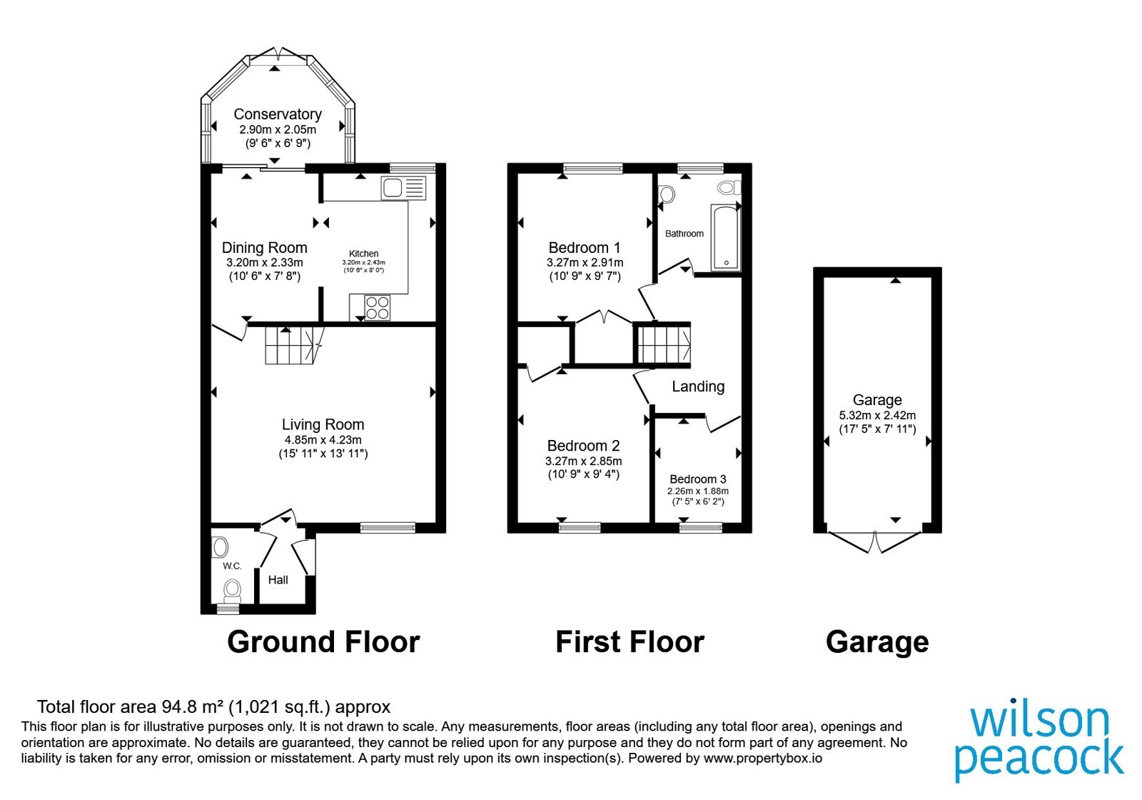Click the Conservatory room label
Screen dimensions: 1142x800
tap(278, 114)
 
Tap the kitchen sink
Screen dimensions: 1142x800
tap(403, 188)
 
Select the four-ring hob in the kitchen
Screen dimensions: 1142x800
tap(378, 308)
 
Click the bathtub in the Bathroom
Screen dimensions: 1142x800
tap(725, 238)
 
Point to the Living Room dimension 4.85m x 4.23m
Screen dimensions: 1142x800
tap(323, 440)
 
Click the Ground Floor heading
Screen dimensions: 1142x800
tap(323, 642)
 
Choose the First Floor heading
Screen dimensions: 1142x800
tap(630, 642)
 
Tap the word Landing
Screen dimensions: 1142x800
tap(698, 386)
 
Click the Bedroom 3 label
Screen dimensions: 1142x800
tap(698, 479)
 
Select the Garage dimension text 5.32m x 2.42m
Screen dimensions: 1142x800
tap(877, 415)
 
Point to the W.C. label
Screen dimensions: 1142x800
tap(232, 566)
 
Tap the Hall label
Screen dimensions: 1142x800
tap(278, 579)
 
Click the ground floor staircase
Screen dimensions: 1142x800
tap(294, 346)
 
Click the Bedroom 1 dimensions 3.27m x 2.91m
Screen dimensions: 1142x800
tap(585, 263)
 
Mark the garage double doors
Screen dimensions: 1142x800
tap(875, 542)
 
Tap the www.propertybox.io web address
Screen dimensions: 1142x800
tap(763, 758)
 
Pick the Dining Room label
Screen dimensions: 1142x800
tap(265, 248)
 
